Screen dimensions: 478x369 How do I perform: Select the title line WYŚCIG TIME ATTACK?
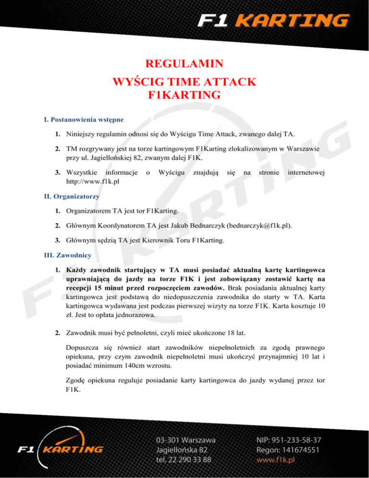click(184, 81)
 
